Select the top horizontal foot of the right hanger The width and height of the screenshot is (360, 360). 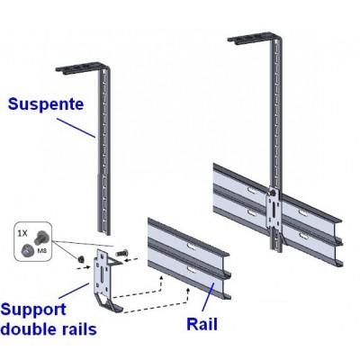[257, 37]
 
